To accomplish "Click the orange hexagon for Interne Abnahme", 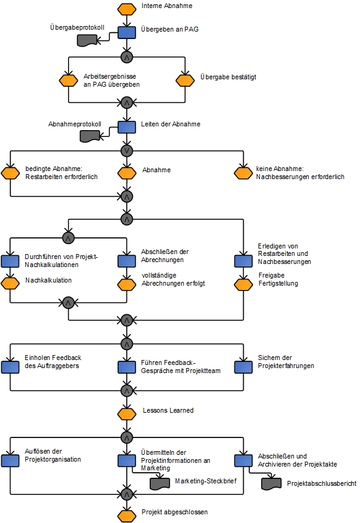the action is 127,9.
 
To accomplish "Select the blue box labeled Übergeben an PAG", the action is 127,33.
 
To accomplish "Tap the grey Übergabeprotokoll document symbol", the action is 87,40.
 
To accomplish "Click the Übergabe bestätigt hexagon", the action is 185,81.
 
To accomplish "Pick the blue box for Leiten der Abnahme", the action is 127,127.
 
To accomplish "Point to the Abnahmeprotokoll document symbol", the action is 90,136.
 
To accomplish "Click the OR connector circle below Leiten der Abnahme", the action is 127,151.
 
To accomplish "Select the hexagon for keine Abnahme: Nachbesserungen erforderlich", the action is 243,173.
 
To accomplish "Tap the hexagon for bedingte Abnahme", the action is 10,173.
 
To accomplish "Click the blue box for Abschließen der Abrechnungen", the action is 127,261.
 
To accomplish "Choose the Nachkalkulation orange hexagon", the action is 10,283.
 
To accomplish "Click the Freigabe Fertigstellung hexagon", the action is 244,284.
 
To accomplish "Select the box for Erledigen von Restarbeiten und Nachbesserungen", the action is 244,261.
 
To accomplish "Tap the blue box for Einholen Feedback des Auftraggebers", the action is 10,367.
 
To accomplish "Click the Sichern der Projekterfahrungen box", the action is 244,367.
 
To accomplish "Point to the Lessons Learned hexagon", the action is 127,414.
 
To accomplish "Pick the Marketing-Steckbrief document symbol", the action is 160,484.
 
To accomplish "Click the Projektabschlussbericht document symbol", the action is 272,484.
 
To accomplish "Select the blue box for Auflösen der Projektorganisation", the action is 10,460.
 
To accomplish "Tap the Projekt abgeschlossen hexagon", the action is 127,516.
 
